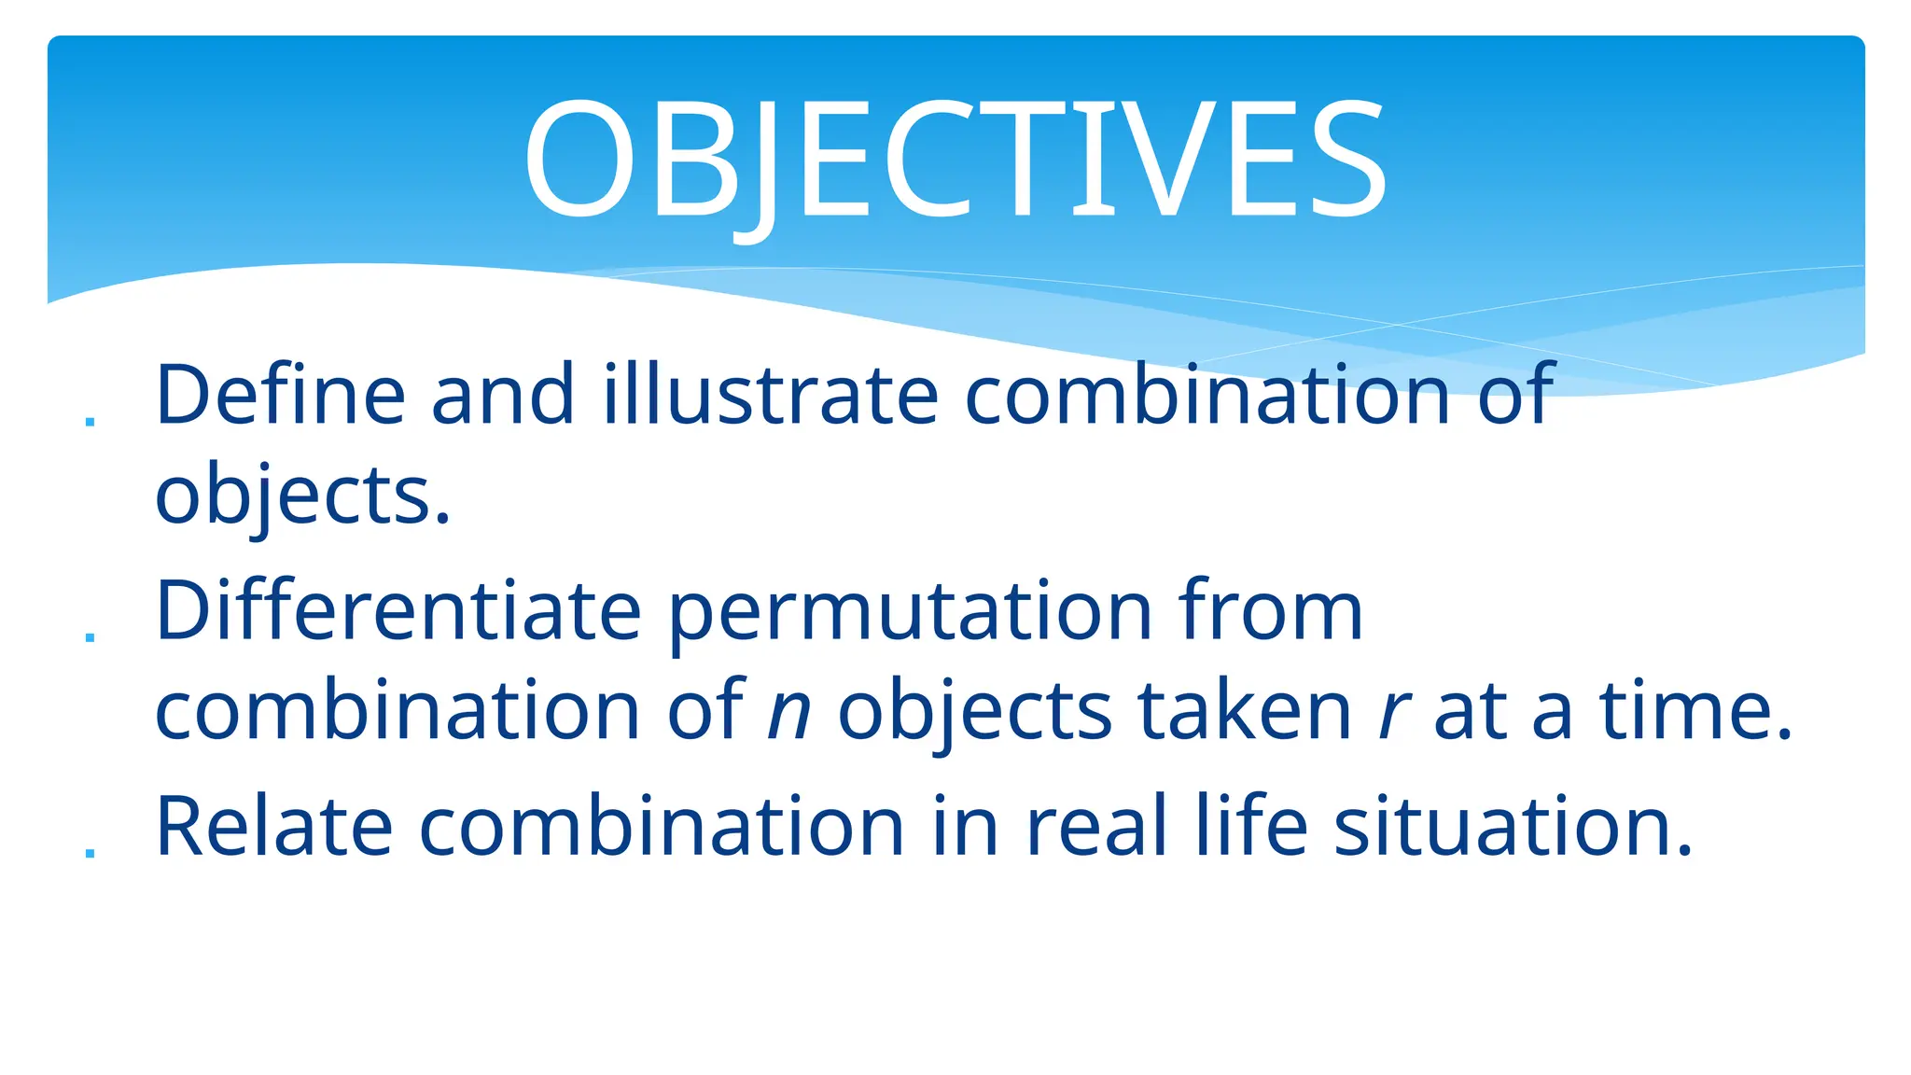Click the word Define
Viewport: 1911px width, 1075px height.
pos(280,396)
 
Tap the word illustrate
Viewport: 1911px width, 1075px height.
pos(770,396)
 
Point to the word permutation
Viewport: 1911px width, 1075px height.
pos(911,612)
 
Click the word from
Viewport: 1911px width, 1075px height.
pos(1270,612)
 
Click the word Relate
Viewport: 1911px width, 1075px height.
pos(273,827)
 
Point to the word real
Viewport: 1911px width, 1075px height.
pos(1096,827)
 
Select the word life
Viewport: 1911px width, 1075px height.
pos(1251,827)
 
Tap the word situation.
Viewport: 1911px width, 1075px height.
pos(1513,827)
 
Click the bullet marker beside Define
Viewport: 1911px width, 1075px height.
pos(90,422)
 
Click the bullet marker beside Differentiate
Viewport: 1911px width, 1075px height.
pos(90,637)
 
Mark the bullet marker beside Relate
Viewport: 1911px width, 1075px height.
pos(90,852)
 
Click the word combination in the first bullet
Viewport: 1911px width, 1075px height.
pos(1206,396)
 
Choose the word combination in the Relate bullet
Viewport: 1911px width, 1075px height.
pos(662,827)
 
